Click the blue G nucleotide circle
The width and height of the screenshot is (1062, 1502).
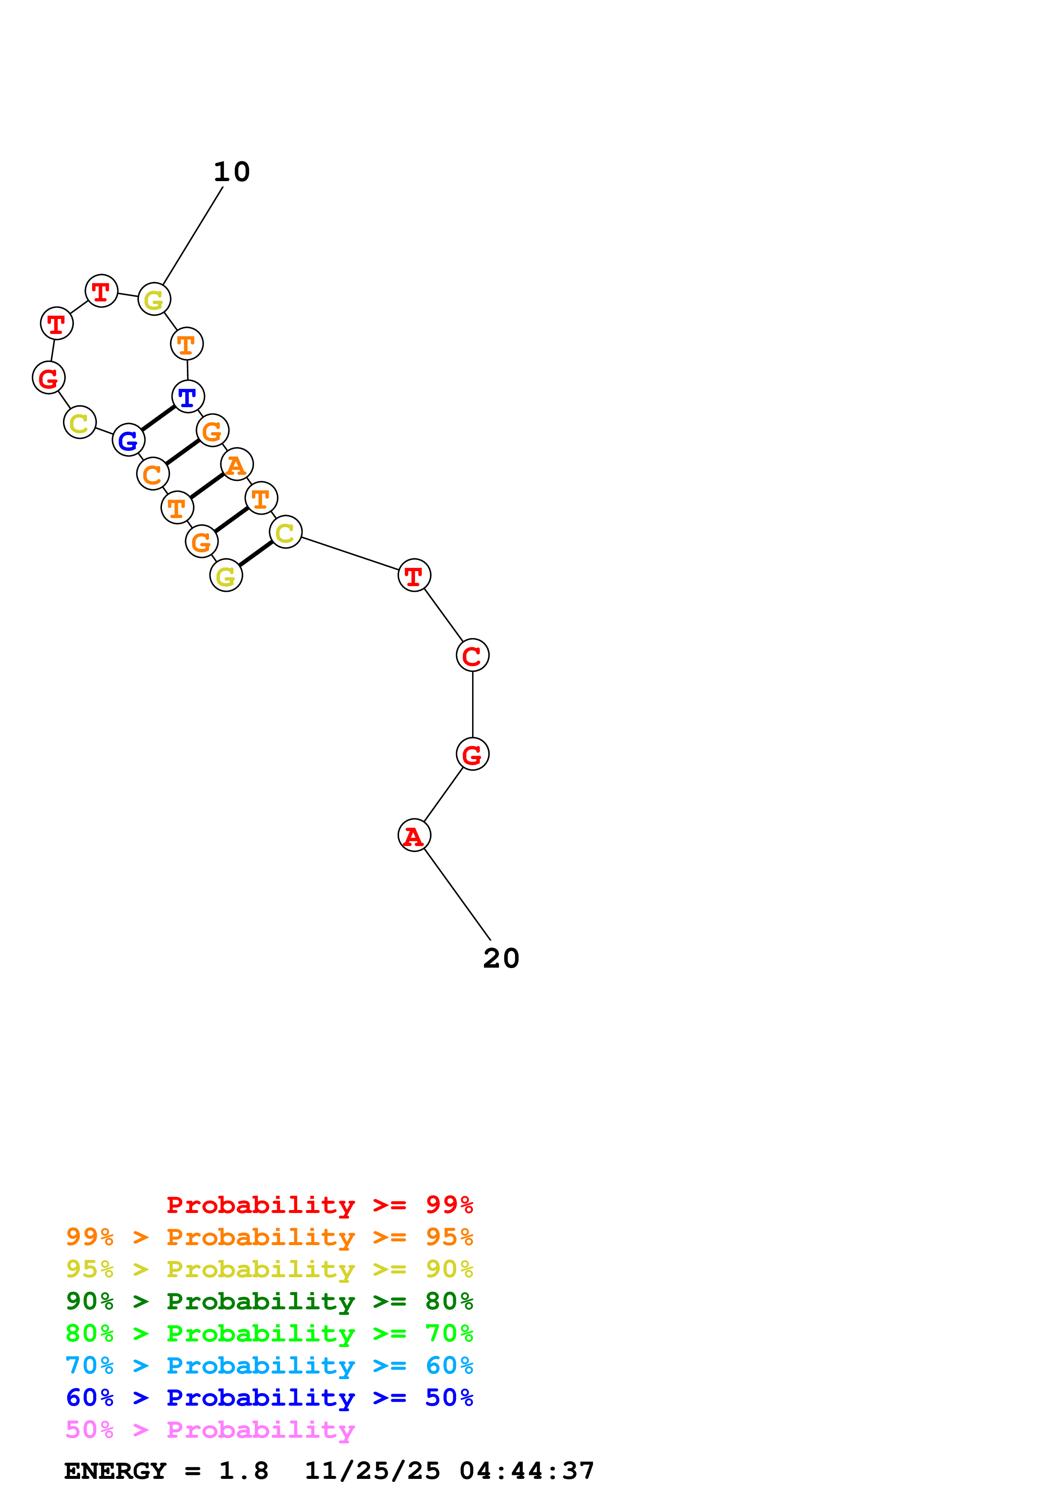click(x=128, y=440)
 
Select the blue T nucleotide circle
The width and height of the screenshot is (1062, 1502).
click(x=188, y=396)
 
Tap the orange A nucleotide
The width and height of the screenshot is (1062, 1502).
click(x=236, y=465)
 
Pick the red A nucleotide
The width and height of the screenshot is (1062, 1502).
click(x=414, y=835)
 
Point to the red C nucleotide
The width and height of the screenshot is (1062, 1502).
click(x=473, y=655)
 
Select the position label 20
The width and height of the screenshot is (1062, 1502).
click(x=501, y=958)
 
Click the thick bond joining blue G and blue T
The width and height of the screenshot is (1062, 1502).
click(x=158, y=418)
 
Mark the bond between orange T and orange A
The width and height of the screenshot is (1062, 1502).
click(x=207, y=486)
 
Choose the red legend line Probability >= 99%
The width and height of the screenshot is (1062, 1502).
click(x=319, y=1204)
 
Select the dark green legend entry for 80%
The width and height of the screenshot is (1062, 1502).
click(x=269, y=1301)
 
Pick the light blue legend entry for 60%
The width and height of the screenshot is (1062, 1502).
click(x=269, y=1365)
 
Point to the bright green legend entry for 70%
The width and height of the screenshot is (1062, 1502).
click(x=269, y=1333)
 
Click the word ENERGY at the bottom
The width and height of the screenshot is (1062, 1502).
click(x=115, y=1471)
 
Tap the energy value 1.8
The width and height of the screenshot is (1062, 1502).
click(x=243, y=1471)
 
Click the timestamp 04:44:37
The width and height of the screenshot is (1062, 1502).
click(x=527, y=1471)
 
